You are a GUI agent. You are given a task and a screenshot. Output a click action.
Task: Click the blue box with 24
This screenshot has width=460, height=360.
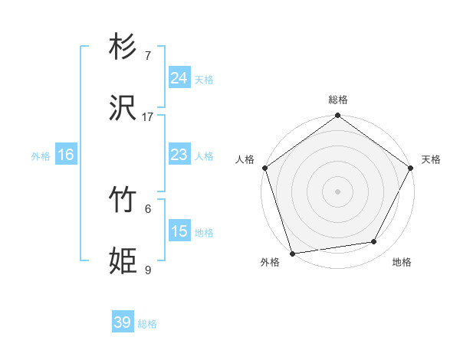[179, 78]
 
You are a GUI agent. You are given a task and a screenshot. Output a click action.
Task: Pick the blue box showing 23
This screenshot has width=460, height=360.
[179, 155]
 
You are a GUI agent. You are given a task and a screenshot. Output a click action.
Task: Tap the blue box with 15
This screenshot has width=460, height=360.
[179, 231]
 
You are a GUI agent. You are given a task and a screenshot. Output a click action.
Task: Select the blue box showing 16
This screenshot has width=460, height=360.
[66, 155]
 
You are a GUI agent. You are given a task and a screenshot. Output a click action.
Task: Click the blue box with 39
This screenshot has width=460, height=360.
[123, 322]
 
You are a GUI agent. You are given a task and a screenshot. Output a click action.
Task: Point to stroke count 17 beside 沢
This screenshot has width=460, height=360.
[148, 117]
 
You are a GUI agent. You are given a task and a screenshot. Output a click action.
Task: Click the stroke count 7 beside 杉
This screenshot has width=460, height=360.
[147, 55]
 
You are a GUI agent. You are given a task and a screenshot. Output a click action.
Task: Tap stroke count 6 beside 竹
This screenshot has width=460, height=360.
[147, 208]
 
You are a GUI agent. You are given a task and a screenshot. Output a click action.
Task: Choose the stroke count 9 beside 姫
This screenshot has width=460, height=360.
[147, 270]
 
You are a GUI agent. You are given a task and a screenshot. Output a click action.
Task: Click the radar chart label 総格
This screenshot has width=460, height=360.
[338, 100]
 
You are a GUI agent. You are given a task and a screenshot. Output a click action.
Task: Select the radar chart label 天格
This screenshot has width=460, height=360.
[431, 159]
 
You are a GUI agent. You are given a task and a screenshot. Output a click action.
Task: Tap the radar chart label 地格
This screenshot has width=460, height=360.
[402, 262]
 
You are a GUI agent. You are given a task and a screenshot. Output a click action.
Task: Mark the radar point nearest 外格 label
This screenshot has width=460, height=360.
[292, 253]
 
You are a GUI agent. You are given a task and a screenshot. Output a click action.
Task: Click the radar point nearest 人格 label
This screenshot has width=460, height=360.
[264, 168]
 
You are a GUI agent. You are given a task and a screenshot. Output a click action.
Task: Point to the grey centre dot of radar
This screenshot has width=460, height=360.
[338, 191]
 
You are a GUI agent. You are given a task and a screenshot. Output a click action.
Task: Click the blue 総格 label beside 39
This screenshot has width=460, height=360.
[147, 324]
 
